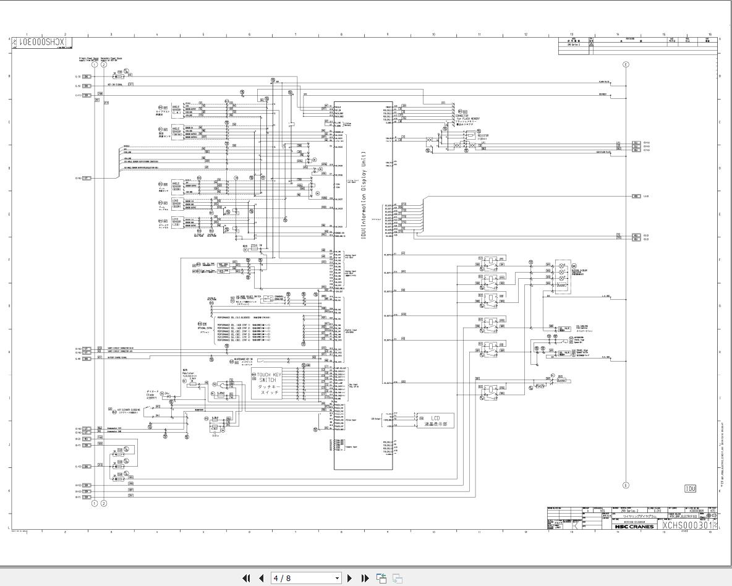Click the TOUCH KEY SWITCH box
pos(269,384)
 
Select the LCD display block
pos(435,420)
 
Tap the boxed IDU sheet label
pos(690,489)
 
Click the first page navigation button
pos(246,578)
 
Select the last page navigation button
pos(365,578)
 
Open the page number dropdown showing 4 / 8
pos(306,578)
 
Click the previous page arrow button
pos(261,578)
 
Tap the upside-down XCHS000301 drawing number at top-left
pos(43,42)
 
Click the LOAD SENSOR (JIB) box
pos(177,221)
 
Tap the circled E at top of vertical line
pos(626,64)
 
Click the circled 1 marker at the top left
pos(95,64)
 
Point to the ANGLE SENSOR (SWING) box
pos(177,132)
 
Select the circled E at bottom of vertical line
pos(626,486)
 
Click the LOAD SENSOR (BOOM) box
pos(177,203)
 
